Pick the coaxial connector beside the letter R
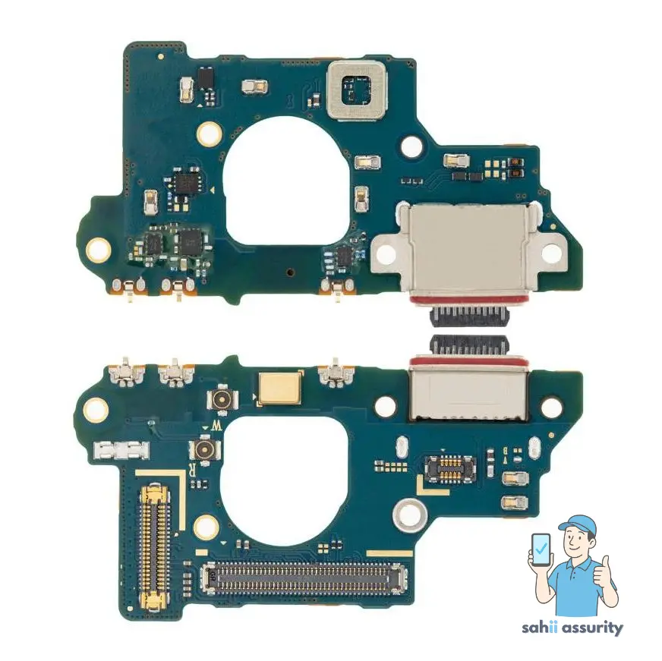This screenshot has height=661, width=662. pos(203,450)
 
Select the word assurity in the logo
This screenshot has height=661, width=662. pos(593,628)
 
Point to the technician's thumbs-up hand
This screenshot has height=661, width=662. pos(604,573)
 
